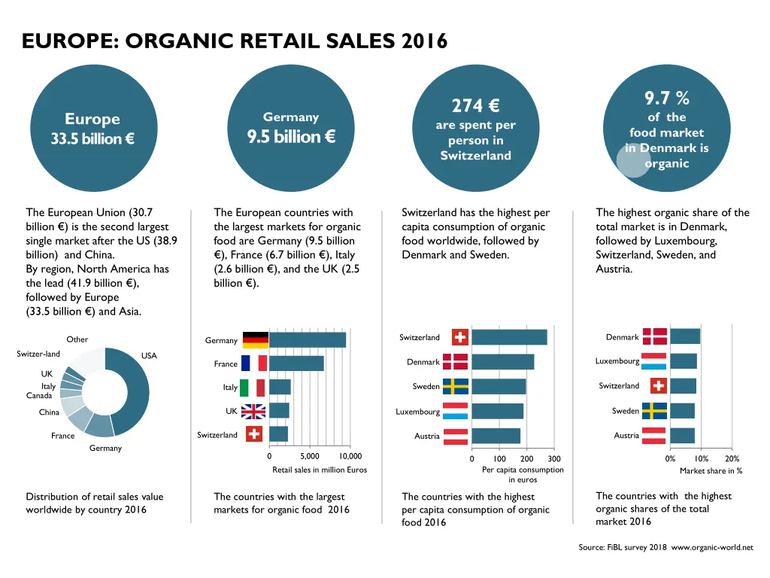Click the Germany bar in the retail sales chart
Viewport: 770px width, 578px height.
(308, 340)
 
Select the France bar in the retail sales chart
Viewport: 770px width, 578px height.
(296, 364)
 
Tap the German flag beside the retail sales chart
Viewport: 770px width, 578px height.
(255, 340)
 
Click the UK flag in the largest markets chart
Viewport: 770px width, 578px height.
(253, 411)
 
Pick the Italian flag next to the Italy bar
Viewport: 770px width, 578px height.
(253, 388)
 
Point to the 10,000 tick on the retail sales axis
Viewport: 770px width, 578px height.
(350, 456)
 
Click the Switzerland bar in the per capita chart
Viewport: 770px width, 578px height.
(509, 337)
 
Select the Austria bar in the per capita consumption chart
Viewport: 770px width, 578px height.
(496, 436)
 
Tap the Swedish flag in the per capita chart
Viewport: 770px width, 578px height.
(456, 386)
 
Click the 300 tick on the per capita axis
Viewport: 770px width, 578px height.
(554, 459)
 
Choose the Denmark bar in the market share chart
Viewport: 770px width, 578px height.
(685, 336)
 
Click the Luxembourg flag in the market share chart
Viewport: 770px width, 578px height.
(653, 361)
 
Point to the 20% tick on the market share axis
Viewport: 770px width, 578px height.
(732, 459)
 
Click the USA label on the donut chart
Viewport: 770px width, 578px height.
(149, 356)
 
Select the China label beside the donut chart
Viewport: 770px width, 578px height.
(49, 412)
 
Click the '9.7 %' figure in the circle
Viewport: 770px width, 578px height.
(666, 98)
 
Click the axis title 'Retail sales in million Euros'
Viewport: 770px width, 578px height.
(320, 470)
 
